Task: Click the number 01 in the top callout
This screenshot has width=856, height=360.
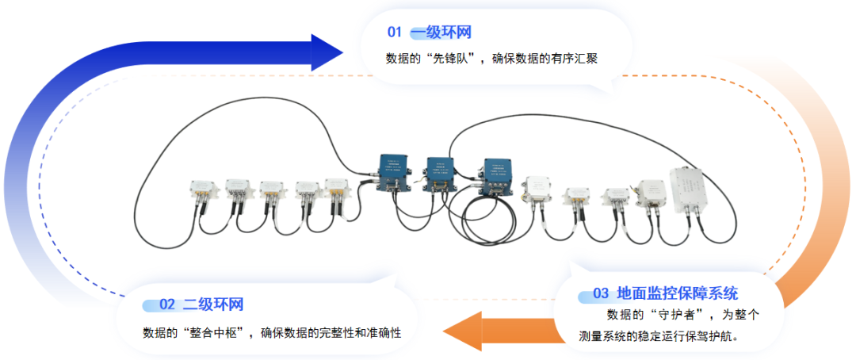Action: point(395,33)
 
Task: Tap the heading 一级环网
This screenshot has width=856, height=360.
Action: point(441,33)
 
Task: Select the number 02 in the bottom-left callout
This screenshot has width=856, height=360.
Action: point(167,304)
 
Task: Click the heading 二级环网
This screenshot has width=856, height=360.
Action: point(213,304)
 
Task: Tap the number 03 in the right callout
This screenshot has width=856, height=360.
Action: point(601,293)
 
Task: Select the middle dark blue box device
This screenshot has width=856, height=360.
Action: point(438,171)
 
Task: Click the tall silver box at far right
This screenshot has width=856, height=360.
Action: point(690,188)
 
